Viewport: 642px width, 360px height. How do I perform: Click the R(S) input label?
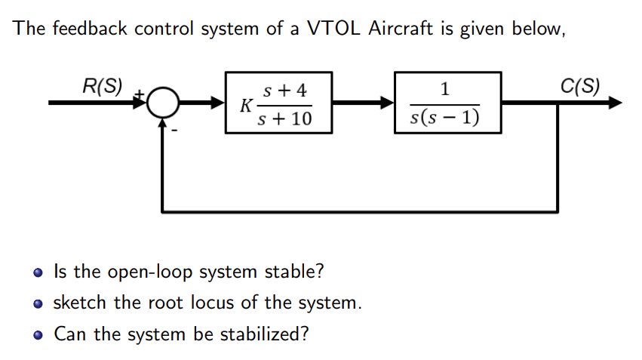101,85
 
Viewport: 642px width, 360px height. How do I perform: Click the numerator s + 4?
283,91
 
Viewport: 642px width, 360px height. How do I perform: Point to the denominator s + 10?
284,119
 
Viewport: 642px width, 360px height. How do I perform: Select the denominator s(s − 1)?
445,118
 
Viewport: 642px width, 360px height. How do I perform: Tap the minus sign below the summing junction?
174,131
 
